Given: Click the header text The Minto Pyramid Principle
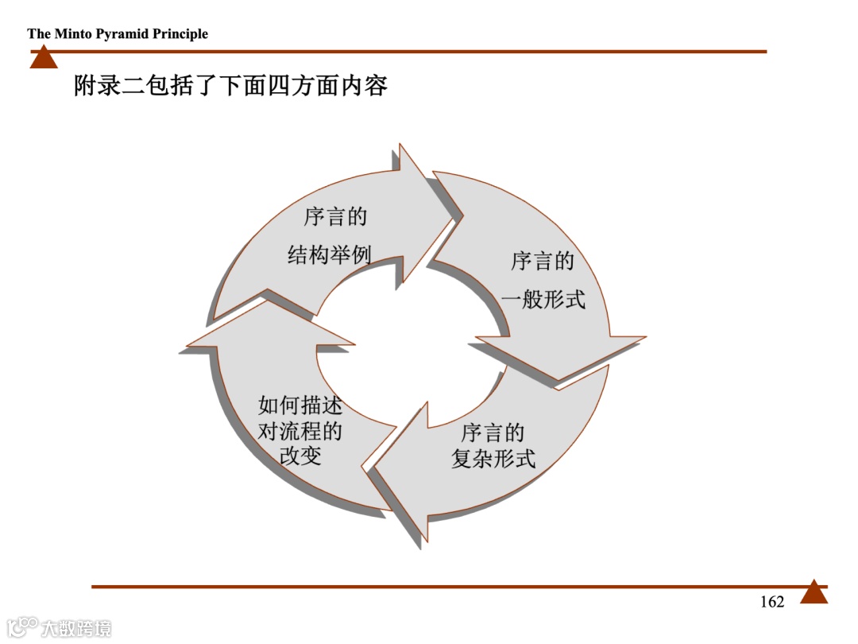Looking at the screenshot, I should (118, 33).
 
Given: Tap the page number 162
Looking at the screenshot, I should (771, 602).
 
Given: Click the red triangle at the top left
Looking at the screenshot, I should (44, 57).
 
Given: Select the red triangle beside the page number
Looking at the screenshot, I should (814, 592).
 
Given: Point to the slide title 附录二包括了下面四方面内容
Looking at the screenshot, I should (230, 84).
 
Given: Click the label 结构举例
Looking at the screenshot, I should (329, 255).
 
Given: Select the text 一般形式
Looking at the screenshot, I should (543, 300).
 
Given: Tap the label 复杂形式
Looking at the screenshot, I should (493, 459).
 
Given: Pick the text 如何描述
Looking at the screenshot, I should (300, 405).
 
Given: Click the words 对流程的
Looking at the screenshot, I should (300, 431).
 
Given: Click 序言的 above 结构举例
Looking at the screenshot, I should (335, 217).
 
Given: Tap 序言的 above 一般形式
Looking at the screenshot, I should (543, 261).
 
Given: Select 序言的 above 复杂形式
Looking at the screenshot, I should (493, 433).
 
